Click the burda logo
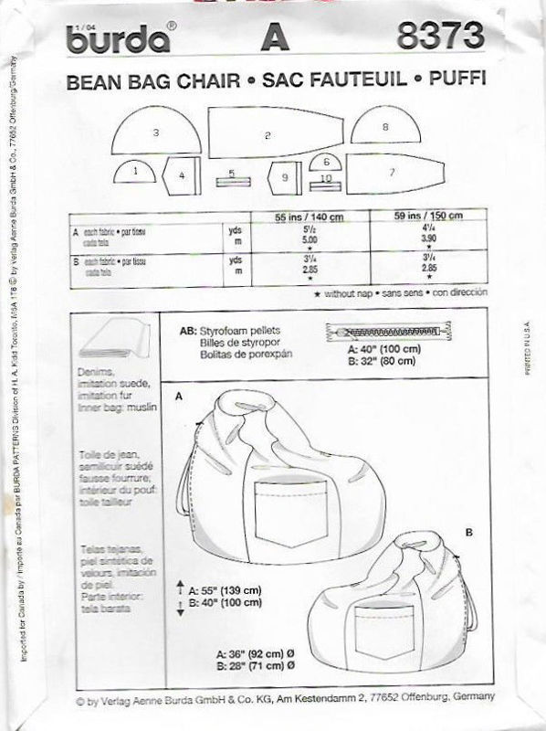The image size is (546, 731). pos(116,39)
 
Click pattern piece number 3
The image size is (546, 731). pos(156,135)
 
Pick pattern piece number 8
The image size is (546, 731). pos(385,129)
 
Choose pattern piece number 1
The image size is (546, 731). pos(135,171)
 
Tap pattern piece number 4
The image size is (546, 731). pos(182,173)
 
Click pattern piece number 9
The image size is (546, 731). pos(285,175)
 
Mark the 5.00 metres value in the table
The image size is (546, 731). pos(305,241)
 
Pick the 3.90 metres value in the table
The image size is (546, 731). pos(420,241)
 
